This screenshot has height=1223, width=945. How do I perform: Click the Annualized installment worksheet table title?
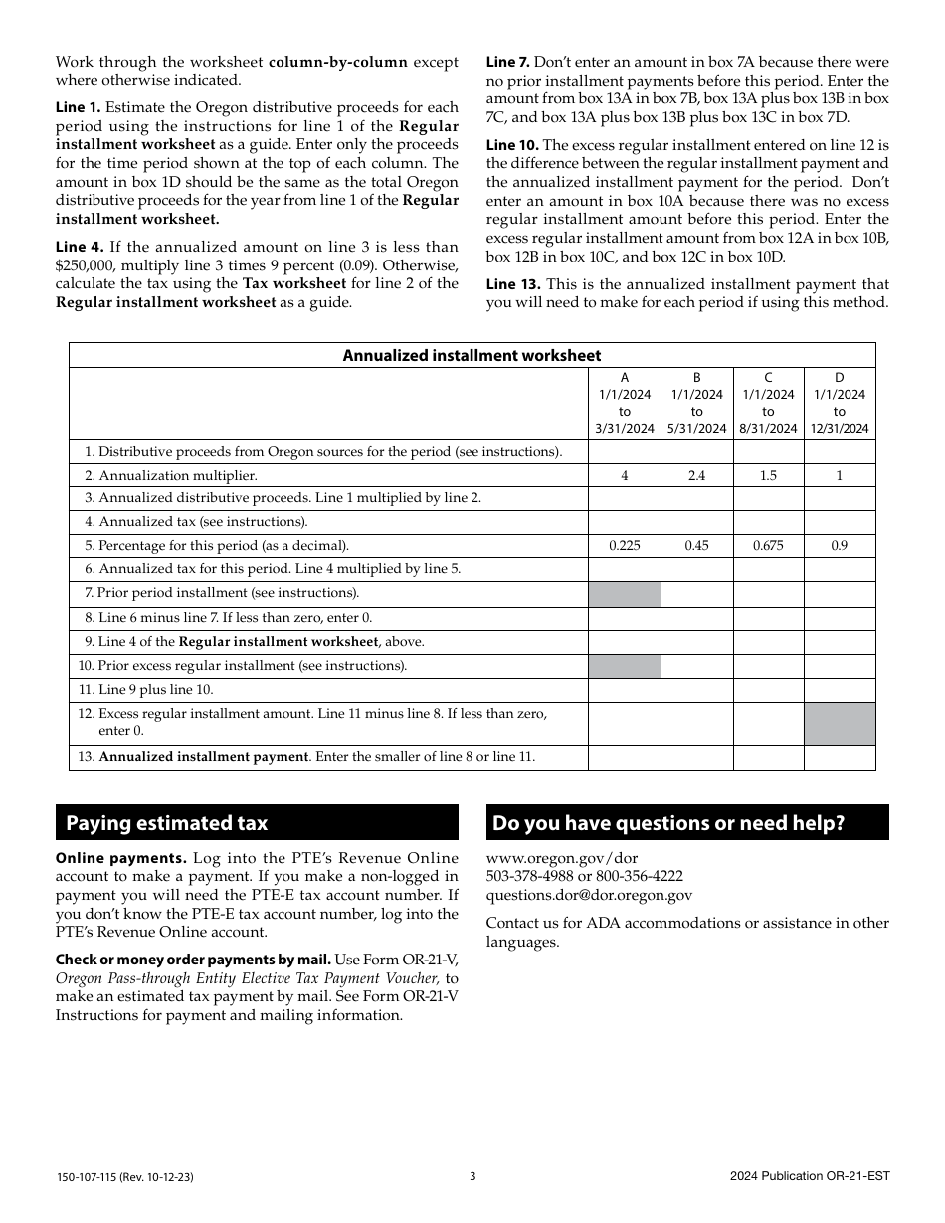tap(472, 355)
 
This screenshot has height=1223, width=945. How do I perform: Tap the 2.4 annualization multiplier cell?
tap(696, 476)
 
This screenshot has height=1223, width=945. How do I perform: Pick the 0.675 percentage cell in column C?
tap(768, 546)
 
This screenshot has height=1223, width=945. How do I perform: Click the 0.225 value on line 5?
tap(625, 546)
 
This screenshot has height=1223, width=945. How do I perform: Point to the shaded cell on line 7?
tap(625, 594)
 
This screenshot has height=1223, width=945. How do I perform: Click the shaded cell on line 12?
tap(840, 724)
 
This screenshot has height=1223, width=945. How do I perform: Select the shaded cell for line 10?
tap(625, 666)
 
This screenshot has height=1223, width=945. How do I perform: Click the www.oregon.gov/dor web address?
tap(562, 858)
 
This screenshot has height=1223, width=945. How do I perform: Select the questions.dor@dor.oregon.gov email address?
tap(589, 895)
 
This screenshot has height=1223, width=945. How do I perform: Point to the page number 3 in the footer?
tap(472, 1176)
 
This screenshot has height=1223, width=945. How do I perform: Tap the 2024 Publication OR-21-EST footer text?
tap(809, 1176)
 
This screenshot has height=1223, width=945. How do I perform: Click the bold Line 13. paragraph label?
tap(513, 284)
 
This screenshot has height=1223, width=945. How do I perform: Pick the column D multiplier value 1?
tap(840, 476)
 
